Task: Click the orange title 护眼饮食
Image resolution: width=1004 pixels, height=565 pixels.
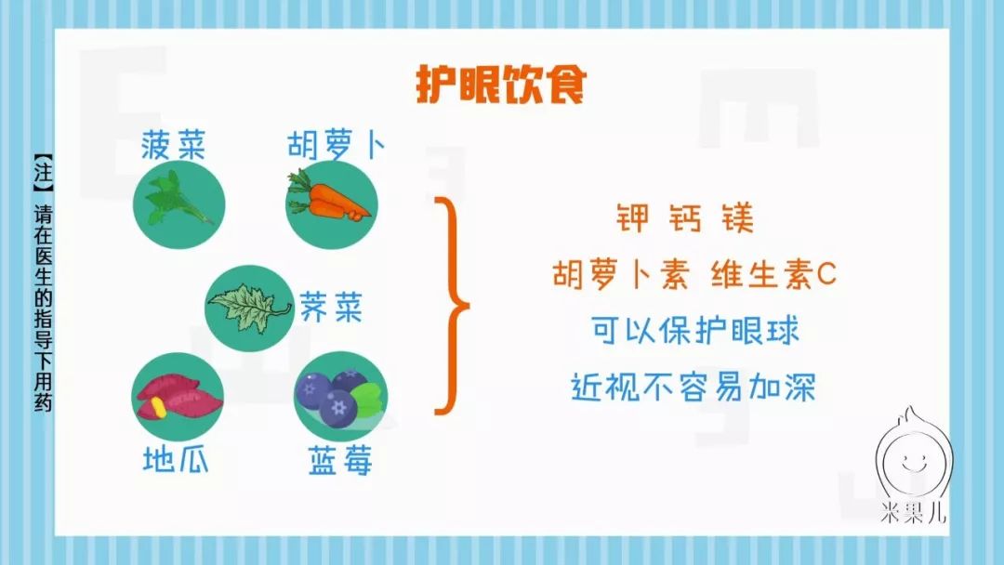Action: pyautogui.click(x=501, y=85)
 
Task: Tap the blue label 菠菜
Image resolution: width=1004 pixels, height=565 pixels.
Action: pyautogui.click(x=174, y=145)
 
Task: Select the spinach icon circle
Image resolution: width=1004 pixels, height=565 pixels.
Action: pyautogui.click(x=179, y=204)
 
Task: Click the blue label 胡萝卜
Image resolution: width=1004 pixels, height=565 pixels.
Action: pyautogui.click(x=337, y=145)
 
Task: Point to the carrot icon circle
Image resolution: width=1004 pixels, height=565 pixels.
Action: pyautogui.click(x=332, y=204)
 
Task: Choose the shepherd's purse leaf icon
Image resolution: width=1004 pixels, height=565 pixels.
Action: pyautogui.click(x=250, y=309)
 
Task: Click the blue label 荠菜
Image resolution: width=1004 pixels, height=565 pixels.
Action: pyautogui.click(x=331, y=308)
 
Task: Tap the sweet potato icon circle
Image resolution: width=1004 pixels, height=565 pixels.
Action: pyautogui.click(x=178, y=397)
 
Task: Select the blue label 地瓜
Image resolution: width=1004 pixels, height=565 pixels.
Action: pyautogui.click(x=176, y=459)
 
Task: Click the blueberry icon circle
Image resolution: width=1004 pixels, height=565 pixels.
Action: pyautogui.click(x=340, y=397)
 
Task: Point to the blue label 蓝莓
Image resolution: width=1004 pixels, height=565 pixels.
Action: pyautogui.click(x=340, y=460)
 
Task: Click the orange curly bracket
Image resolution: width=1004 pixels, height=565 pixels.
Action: pyautogui.click(x=452, y=306)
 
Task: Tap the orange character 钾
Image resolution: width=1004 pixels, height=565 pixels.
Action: pyautogui.click(x=633, y=217)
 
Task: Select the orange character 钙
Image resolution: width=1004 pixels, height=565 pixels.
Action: pyautogui.click(x=685, y=217)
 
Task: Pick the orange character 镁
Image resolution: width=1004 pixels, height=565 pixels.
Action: pyautogui.click(x=737, y=217)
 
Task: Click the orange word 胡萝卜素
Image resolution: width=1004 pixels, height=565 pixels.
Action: pyautogui.click(x=621, y=274)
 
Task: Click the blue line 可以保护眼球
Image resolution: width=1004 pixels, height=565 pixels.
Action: pyautogui.click(x=694, y=331)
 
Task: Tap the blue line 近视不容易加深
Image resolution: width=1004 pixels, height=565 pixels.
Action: pyautogui.click(x=694, y=388)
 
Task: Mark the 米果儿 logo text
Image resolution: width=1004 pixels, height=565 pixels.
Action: pyautogui.click(x=912, y=512)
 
